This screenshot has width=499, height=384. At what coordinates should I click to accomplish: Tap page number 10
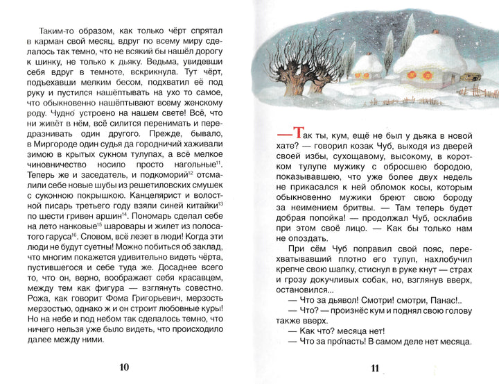click(124, 367)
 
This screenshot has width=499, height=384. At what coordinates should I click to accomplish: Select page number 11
click(376, 368)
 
